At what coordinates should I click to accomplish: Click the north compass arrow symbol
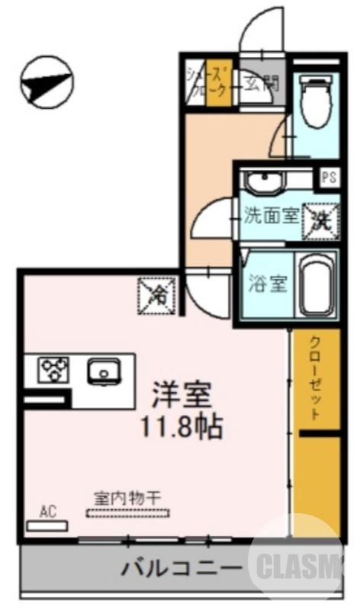point(46,82)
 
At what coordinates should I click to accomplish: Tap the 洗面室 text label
point(270,216)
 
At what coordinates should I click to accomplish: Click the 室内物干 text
point(128,496)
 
